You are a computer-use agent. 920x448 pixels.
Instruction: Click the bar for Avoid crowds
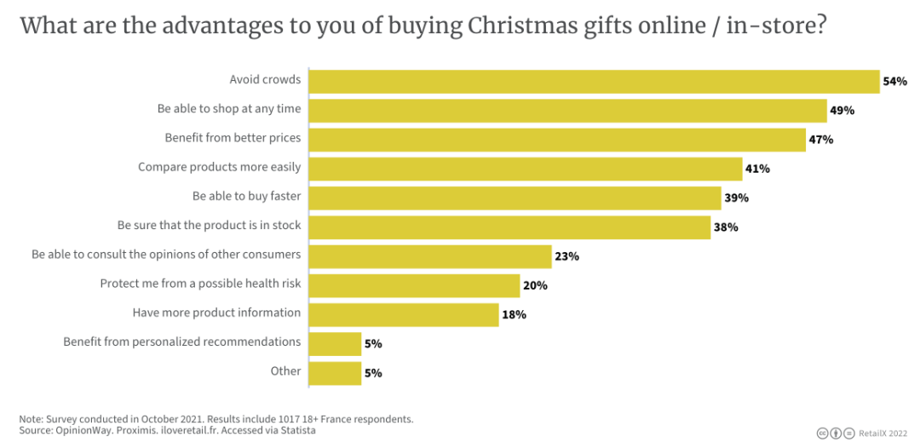[x=594, y=81]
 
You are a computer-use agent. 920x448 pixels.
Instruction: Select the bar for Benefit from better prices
[x=557, y=140]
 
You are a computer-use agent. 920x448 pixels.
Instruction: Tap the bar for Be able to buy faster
[x=515, y=198]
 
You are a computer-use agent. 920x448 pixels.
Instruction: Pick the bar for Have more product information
[x=404, y=314]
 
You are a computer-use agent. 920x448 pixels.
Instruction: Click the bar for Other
[x=335, y=372]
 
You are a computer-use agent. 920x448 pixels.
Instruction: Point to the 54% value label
[x=894, y=82]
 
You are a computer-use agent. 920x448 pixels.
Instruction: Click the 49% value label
[x=842, y=111]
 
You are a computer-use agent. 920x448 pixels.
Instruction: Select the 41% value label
[x=757, y=169]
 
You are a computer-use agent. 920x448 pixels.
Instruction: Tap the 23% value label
[x=566, y=256]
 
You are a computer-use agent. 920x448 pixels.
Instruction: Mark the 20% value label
[x=535, y=285]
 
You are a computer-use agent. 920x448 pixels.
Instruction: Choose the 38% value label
[x=726, y=227]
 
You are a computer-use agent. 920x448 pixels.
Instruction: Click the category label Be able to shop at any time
[x=229, y=109]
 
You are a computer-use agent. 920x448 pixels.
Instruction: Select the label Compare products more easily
[x=219, y=167]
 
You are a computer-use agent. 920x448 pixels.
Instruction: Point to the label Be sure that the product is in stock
[x=209, y=226]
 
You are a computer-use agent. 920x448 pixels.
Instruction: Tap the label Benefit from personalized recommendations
[x=181, y=342]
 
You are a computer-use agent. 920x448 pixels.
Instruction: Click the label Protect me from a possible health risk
[x=200, y=284]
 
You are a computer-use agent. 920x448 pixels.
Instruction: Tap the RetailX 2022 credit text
[x=882, y=434]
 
